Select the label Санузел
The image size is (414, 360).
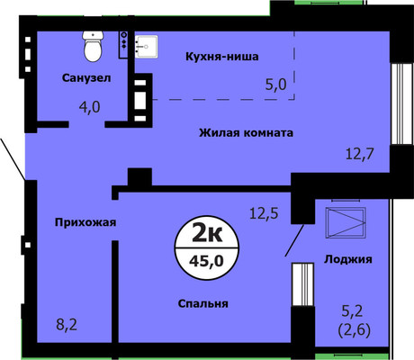[x=86, y=78]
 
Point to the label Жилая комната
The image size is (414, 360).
[x=247, y=133]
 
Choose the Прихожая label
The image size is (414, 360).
[x=87, y=221]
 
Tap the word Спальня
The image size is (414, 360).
[x=202, y=304]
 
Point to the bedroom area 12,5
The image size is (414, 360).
[x=264, y=213]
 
